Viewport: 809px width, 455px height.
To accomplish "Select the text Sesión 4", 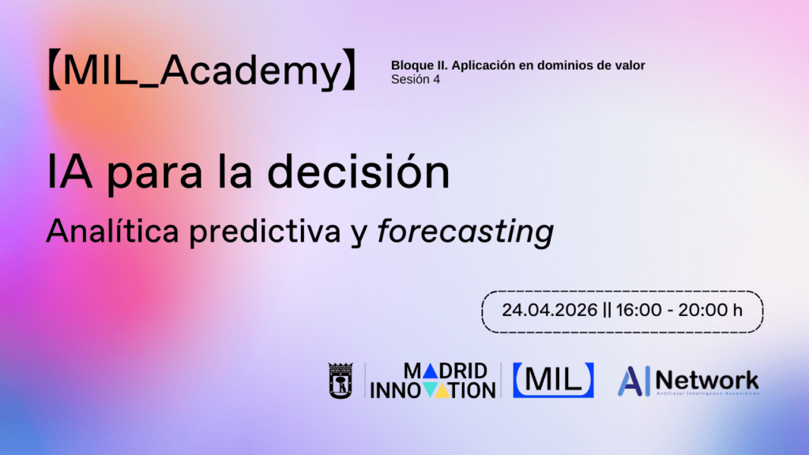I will point(416,79).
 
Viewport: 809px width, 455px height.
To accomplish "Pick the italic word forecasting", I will point(465,231).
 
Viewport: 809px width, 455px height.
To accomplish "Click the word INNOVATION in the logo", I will point(433,389).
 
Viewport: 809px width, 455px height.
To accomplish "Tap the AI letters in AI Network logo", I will point(634,381).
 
